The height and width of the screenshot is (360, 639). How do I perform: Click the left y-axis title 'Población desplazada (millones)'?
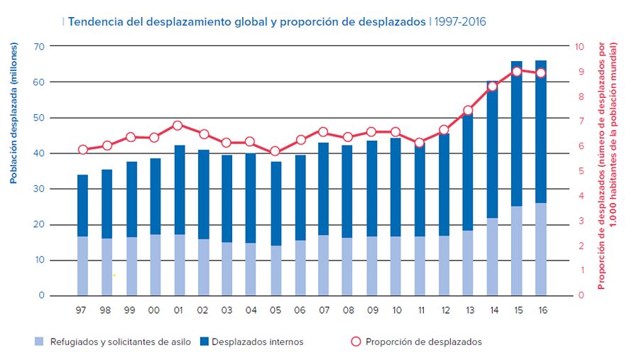click(x=13, y=113)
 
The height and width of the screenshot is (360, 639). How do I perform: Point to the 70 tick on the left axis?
click(x=39, y=47)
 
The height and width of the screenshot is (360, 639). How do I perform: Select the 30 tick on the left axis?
click(x=39, y=189)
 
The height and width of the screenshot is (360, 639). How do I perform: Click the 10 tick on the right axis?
click(x=579, y=47)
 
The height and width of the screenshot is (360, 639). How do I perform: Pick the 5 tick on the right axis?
click(x=579, y=171)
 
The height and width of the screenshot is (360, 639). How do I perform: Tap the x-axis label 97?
click(x=82, y=310)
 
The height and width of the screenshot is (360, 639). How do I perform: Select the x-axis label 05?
click(x=275, y=310)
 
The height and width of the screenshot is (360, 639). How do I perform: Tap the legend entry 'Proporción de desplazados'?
click(x=423, y=342)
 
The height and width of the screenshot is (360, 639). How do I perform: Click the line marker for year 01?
click(x=177, y=126)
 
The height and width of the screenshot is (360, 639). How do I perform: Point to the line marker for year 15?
click(x=517, y=72)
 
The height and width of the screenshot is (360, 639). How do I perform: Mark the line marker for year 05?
click(x=275, y=151)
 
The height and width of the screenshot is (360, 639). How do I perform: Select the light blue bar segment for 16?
click(x=541, y=249)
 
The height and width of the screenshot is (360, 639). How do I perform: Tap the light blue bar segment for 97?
click(x=82, y=266)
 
